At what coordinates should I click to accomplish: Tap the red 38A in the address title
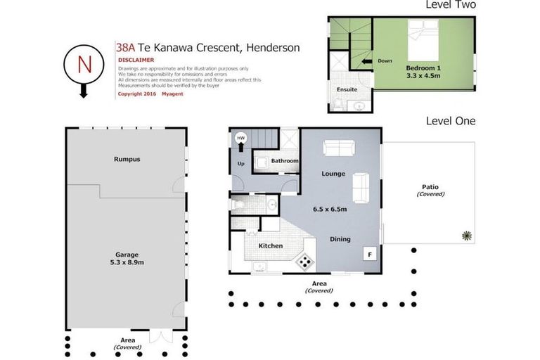pyautogui.click(x=125, y=48)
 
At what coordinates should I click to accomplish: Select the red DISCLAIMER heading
pyautogui.click(x=136, y=60)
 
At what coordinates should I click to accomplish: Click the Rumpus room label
pyautogui.click(x=127, y=159)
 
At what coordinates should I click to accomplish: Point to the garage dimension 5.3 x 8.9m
pyautogui.click(x=127, y=262)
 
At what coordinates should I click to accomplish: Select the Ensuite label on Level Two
pyautogui.click(x=347, y=89)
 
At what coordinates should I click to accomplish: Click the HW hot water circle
pyautogui.click(x=241, y=139)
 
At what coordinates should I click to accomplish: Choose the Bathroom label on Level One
pyautogui.click(x=285, y=161)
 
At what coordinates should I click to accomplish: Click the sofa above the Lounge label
pyautogui.click(x=338, y=148)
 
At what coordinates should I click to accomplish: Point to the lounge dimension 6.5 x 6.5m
pyautogui.click(x=330, y=209)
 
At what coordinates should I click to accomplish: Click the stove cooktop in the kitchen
pyautogui.click(x=304, y=262)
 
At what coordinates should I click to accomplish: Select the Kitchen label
pyautogui.click(x=271, y=245)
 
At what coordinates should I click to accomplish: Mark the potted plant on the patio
pyautogui.click(x=465, y=236)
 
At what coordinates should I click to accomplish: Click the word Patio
pyautogui.click(x=430, y=187)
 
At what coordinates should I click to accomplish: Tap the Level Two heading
pyautogui.click(x=451, y=5)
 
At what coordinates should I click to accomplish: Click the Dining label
pyautogui.click(x=340, y=239)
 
